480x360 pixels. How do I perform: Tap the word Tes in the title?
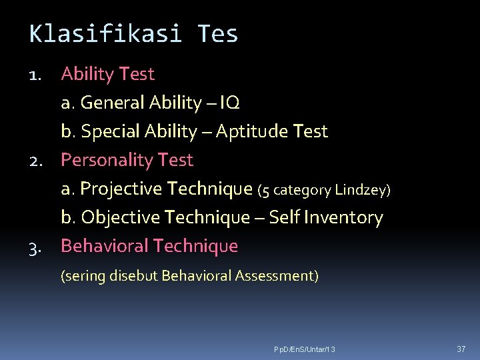217,33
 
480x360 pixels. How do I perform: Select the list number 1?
37,75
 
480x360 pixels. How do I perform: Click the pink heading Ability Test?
107,74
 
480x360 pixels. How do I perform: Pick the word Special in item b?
110,132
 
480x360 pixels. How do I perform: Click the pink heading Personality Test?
127,160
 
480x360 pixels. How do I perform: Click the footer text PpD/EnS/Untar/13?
305,349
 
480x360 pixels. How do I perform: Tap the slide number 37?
461,349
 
